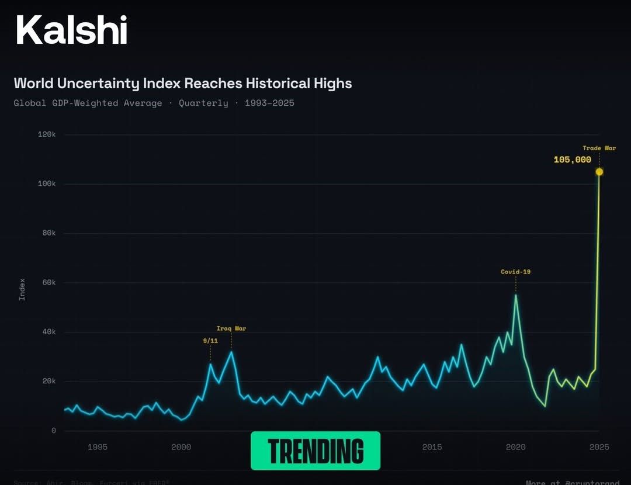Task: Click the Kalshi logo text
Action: pyautogui.click(x=71, y=30)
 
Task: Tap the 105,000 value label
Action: pyautogui.click(x=572, y=160)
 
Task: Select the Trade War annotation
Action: pyautogui.click(x=599, y=148)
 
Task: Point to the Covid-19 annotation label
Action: pyautogui.click(x=515, y=272)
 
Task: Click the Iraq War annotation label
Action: pyautogui.click(x=231, y=328)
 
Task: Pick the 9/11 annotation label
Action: pyautogui.click(x=210, y=340)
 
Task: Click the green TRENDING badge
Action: pyautogui.click(x=315, y=451)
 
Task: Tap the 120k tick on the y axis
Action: pyautogui.click(x=47, y=134)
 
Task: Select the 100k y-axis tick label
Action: pyautogui.click(x=47, y=183)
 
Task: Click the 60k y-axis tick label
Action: pyautogui.click(x=48, y=282)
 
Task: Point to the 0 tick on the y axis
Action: pyautogui.click(x=53, y=431)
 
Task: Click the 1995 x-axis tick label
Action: pyautogui.click(x=98, y=447)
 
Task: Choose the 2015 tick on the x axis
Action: pyautogui.click(x=432, y=447)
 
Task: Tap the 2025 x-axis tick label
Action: pyautogui.click(x=599, y=447)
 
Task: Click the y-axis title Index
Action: pyautogui.click(x=22, y=289)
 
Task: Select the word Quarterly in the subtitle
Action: pyautogui.click(x=203, y=103)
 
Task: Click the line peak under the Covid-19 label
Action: pyautogui.click(x=515, y=295)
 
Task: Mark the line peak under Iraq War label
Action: pyautogui.click(x=231, y=352)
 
